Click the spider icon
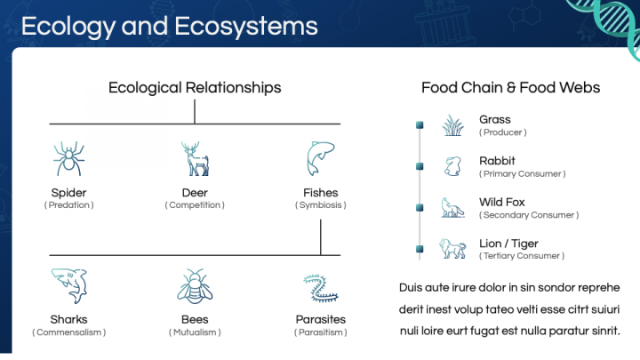click(68, 159)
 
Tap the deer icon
click(196, 159)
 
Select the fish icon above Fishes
click(321, 158)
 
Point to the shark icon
click(69, 285)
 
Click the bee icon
click(195, 286)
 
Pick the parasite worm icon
click(321, 288)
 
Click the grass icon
click(453, 125)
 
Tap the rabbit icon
click(452, 166)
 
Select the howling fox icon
click(452, 207)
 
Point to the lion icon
click(452, 248)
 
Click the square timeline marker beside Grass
click(420, 125)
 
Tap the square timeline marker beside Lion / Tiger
click(420, 249)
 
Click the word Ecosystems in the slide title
click(246, 26)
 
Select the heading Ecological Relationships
click(195, 88)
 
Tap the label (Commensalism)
click(69, 332)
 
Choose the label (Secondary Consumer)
click(529, 215)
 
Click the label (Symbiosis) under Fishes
click(321, 205)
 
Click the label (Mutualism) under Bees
click(195, 332)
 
